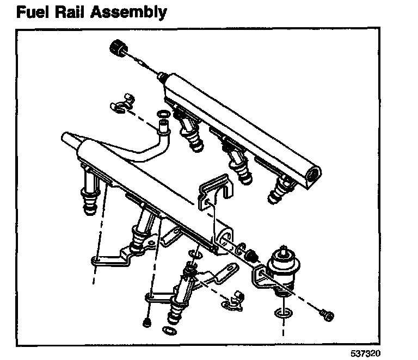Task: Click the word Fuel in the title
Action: [34, 12]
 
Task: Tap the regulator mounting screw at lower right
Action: [327, 314]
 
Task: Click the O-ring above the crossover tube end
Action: [162, 114]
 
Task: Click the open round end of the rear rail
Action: [314, 174]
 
